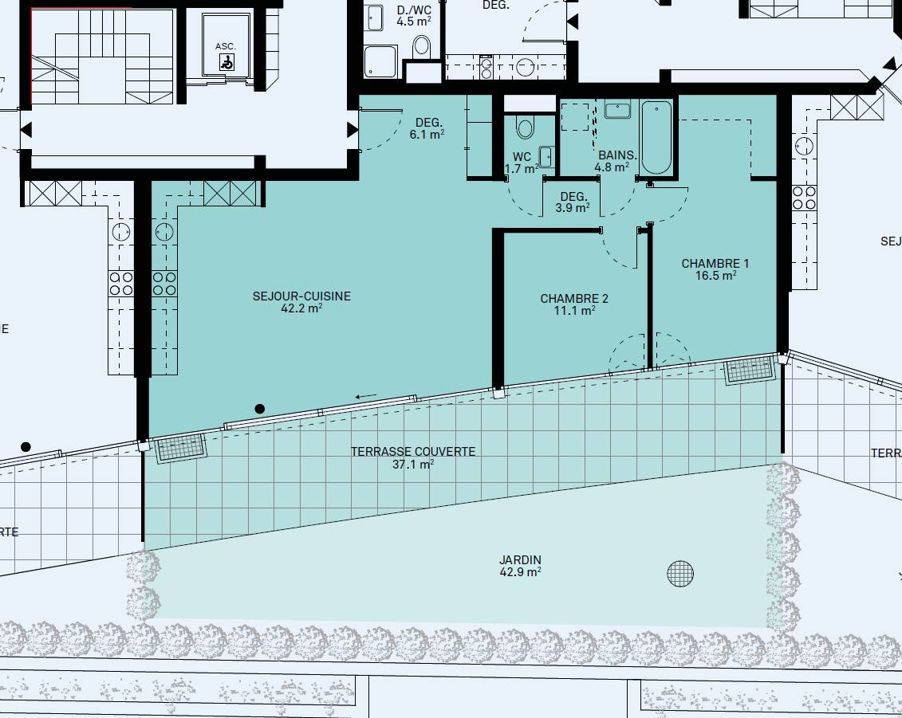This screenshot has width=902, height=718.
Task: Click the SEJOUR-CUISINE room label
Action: pyautogui.click(x=301, y=296)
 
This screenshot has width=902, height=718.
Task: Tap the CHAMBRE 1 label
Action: pyautogui.click(x=715, y=263)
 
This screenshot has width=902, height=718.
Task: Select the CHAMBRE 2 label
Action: pyautogui.click(x=574, y=298)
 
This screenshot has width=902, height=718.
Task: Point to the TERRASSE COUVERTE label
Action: pyautogui.click(x=413, y=452)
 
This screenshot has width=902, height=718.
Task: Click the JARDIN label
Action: pyautogui.click(x=520, y=559)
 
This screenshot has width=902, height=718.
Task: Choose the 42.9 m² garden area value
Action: pyautogui.click(x=520, y=572)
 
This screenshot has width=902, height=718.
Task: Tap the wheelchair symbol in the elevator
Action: pyautogui.click(x=227, y=61)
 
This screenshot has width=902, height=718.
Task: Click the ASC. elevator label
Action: pyautogui.click(x=226, y=46)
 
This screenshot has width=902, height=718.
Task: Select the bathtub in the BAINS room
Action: pyautogui.click(x=656, y=137)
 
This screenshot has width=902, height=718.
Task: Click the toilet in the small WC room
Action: pyautogui.click(x=526, y=126)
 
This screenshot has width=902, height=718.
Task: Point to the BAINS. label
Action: pyautogui.click(x=617, y=155)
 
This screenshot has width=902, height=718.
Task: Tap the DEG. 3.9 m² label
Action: pyautogui.click(x=573, y=202)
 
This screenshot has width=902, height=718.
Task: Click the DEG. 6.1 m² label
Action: pyautogui.click(x=429, y=128)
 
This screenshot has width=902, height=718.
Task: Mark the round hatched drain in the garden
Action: pyautogui.click(x=680, y=573)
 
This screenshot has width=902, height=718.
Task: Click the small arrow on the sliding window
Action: pyautogui.click(x=366, y=395)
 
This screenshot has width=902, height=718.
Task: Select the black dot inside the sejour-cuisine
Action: pyautogui.click(x=259, y=409)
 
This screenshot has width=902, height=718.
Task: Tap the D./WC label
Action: pyautogui.click(x=414, y=10)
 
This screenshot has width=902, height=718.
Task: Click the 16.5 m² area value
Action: pyautogui.click(x=715, y=276)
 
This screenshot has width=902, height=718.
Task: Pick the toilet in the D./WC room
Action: pyautogui.click(x=422, y=46)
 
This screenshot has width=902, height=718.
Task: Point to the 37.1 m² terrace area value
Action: pyautogui.click(x=412, y=464)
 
